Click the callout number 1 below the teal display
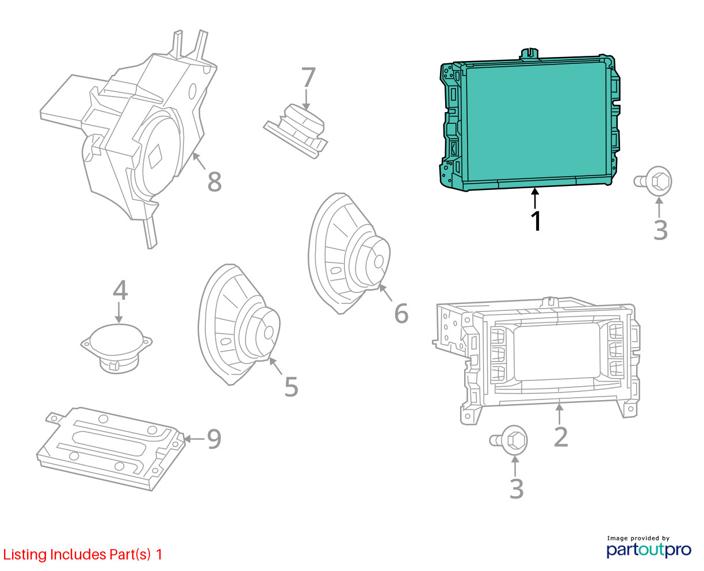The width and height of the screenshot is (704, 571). coord(536,221)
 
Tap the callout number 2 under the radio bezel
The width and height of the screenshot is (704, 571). coord(561,437)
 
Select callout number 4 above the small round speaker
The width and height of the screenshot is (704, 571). coord(120,290)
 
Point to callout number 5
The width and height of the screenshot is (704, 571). coord(291,386)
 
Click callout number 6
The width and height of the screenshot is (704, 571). coord(401,313)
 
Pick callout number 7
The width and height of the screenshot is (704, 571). coord(308,77)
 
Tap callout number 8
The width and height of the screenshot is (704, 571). coord(214,181)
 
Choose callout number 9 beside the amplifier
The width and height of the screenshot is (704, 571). coord(214,439)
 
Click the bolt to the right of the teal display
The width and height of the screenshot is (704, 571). coord(653,181)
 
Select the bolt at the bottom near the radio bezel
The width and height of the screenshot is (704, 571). coord(508,440)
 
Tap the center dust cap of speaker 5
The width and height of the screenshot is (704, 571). coord(269,332)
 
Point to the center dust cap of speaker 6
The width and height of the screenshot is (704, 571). coord(379,262)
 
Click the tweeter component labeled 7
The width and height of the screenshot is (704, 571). coord(296,131)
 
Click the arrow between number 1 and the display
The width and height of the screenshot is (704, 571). coord(535,198)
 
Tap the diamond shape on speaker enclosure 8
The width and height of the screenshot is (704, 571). coord(155,157)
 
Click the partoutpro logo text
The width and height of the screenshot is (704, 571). coord(649,550)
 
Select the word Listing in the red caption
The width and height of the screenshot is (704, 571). coord(25,555)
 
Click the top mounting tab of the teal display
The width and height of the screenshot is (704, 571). coord(530,54)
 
